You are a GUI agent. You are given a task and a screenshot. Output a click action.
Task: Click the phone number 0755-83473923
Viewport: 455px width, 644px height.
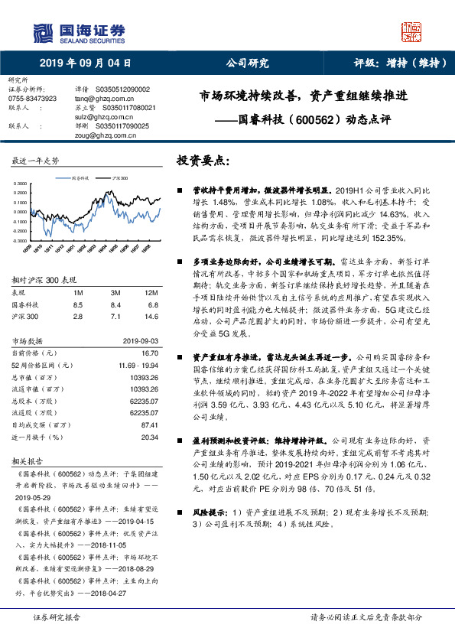coord(33,99)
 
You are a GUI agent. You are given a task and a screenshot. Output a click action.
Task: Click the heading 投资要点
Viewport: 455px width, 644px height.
coord(202,161)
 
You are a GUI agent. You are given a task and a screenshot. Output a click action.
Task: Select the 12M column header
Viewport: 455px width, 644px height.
coord(151,293)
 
